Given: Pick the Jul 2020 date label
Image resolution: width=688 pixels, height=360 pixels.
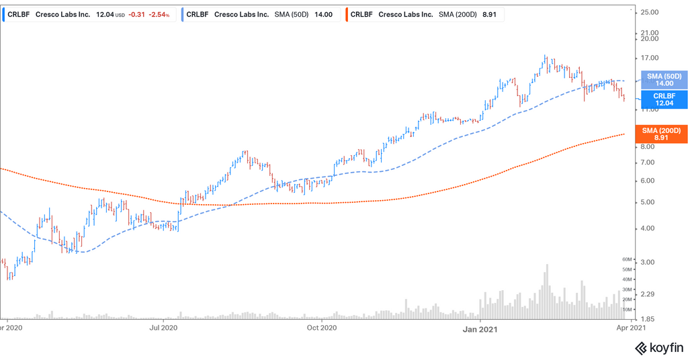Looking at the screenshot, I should pos(163,328).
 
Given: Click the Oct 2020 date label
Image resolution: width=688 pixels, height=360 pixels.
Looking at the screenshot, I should pos(321,328).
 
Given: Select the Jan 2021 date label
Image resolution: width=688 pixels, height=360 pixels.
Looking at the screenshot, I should pos(480,328).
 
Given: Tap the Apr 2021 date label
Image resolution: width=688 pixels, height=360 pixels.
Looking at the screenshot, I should pos(632,328).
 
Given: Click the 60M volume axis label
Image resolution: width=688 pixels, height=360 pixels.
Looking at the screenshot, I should pos(629,259).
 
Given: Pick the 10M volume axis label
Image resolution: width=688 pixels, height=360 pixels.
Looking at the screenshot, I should pos(629,310).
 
